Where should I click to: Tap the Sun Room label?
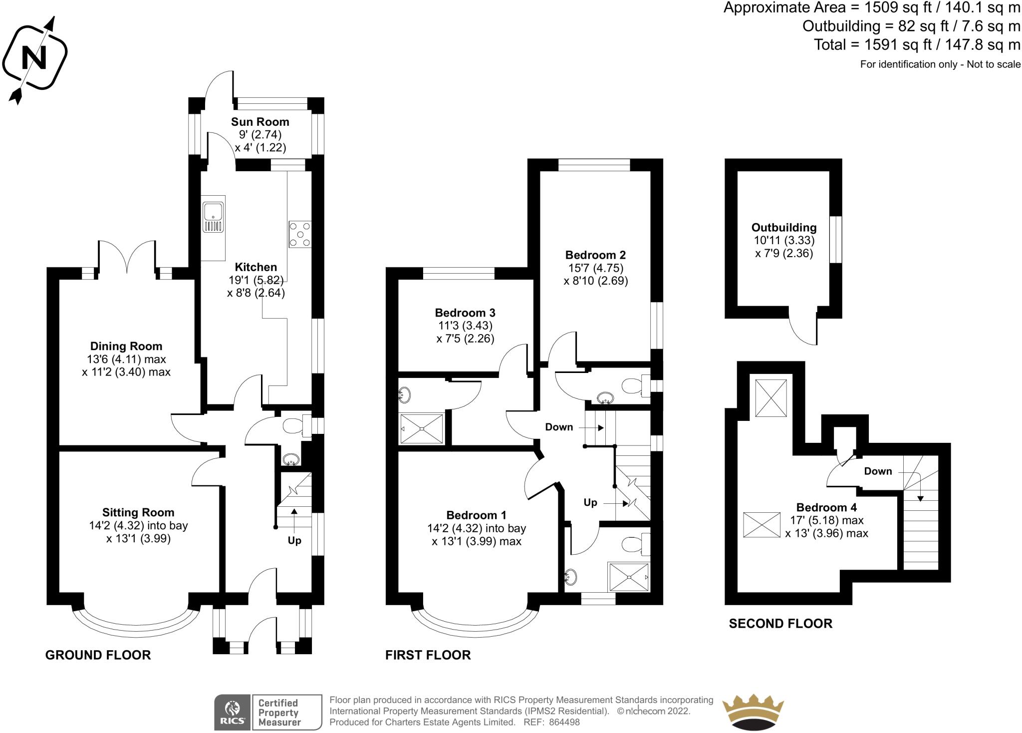point(260,122)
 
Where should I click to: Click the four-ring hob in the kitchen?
point(300,234)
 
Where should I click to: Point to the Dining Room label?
point(126,346)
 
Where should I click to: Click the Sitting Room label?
point(138,512)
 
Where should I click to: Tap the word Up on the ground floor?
point(294,541)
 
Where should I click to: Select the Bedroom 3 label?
point(465,313)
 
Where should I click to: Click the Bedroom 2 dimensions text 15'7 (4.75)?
point(596,268)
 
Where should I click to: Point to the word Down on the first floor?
point(559,427)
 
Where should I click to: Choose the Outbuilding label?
point(784,228)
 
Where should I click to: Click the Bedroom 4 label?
point(826,508)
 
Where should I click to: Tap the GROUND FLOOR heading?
point(98,655)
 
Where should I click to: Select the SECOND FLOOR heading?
point(780,624)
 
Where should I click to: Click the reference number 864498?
point(564,722)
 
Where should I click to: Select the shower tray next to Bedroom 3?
point(422,428)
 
